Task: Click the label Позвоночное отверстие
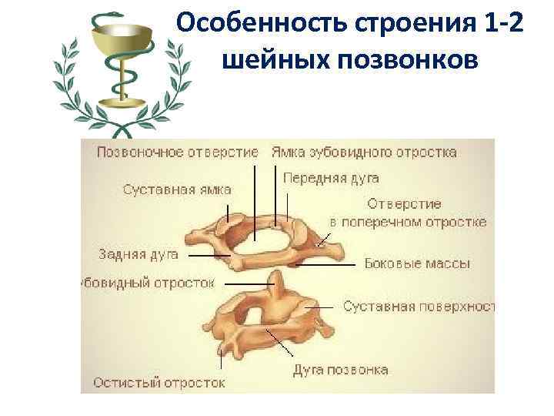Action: click(177, 153)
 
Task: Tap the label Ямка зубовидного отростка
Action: click(364, 153)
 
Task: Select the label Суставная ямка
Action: click(177, 190)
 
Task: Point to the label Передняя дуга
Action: click(331, 178)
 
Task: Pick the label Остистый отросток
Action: click(159, 381)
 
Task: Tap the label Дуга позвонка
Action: click(340, 370)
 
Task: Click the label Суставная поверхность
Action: click(418, 307)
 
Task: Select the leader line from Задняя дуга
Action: click(208, 255)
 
